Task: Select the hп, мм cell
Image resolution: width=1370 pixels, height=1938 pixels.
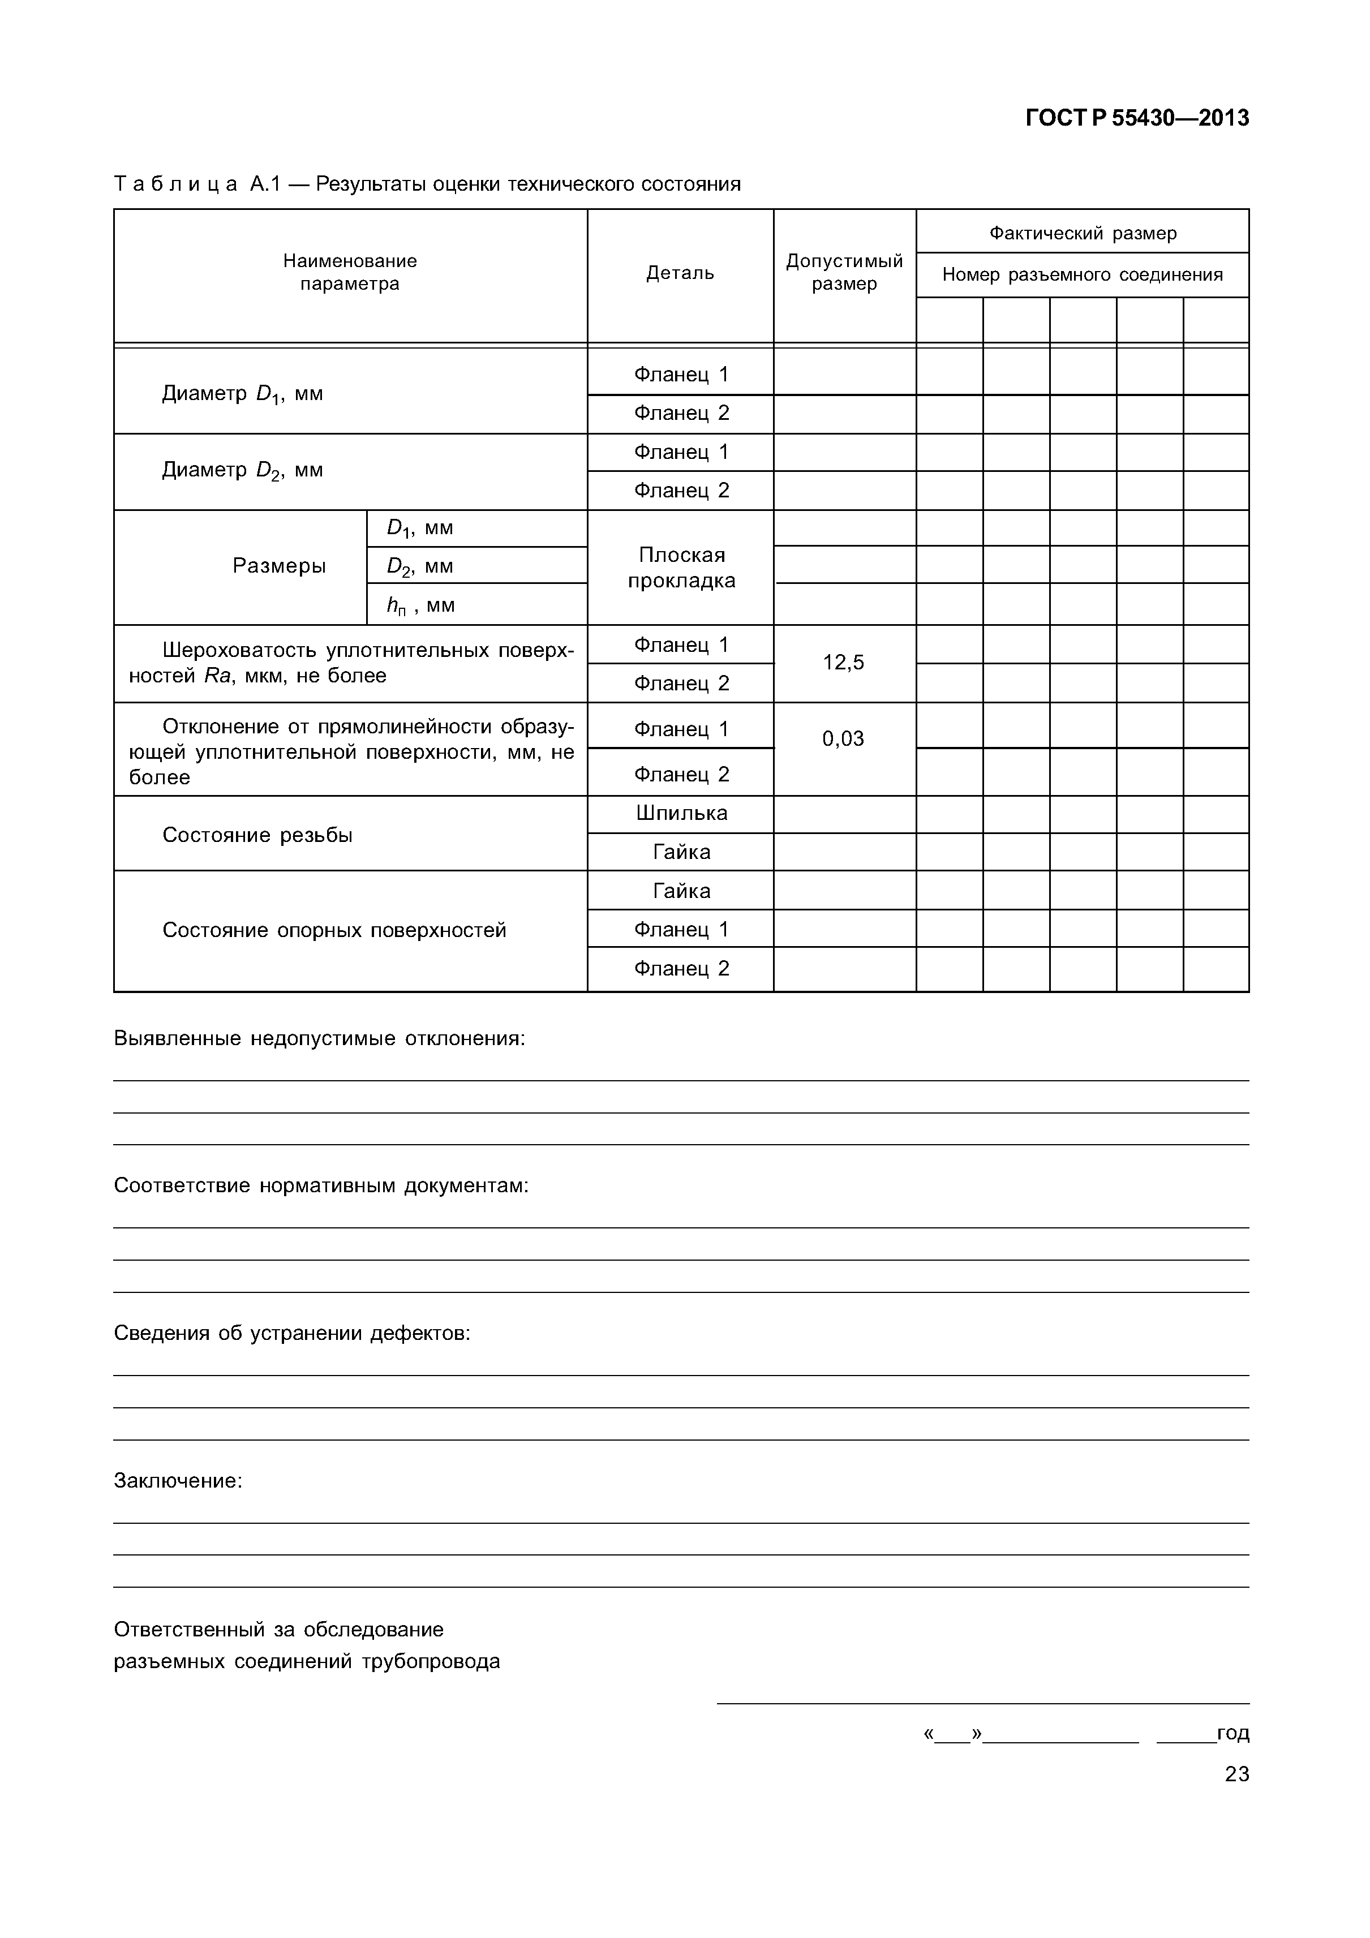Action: pos(420,605)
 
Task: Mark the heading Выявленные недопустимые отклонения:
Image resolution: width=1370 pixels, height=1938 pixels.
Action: pos(319,1038)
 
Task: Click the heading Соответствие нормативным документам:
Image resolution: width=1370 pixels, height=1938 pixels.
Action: pos(321,1186)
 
